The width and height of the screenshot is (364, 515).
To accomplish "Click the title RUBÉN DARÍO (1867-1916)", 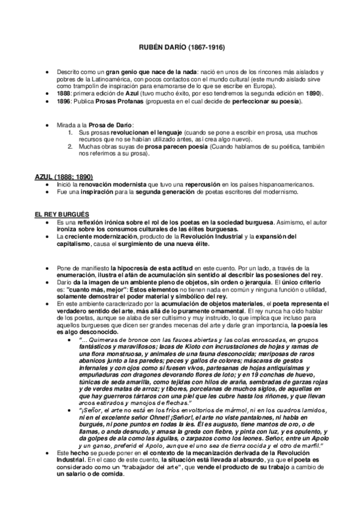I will (182, 47).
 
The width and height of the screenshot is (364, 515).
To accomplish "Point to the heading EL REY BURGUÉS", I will (62, 215).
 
